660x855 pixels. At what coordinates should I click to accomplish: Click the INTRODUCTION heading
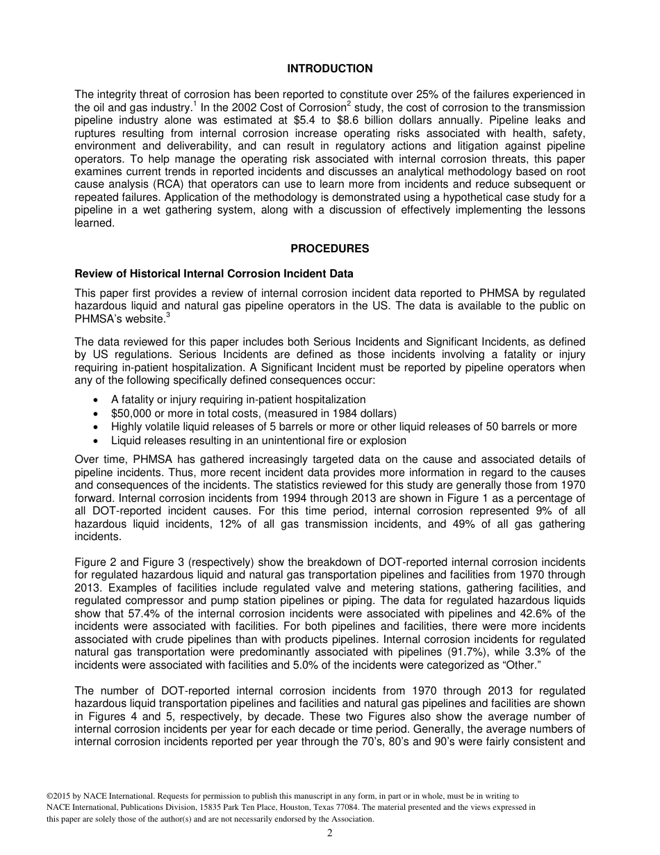(330, 69)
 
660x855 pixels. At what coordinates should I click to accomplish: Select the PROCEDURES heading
(330, 249)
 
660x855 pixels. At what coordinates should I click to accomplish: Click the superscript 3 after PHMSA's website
(168, 315)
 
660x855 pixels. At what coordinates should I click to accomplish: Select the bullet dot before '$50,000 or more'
(95, 413)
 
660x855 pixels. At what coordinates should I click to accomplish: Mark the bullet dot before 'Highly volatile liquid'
(95, 427)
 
